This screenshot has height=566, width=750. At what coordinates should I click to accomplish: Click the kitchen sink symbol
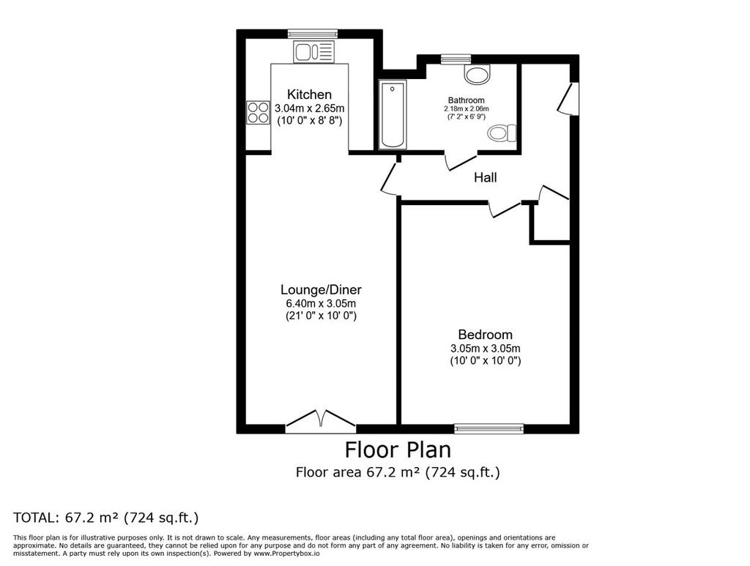(313, 52)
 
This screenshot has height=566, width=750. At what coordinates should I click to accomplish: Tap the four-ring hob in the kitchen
(258, 113)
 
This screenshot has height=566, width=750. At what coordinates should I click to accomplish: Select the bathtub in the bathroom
(393, 115)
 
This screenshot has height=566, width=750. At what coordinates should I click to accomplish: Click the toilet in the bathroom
(502, 133)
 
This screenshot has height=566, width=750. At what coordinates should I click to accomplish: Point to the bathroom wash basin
(478, 74)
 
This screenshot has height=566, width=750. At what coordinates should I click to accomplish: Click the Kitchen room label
(309, 94)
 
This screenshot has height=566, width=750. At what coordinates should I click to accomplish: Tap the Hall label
(485, 178)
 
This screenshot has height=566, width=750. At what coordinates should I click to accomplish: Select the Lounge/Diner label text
(321, 290)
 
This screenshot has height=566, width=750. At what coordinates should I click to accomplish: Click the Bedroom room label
(485, 335)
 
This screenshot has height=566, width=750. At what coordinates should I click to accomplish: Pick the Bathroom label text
(466, 100)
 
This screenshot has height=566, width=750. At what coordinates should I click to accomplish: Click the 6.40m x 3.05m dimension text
(321, 304)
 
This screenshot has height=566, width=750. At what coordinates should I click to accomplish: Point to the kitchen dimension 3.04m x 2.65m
(310, 108)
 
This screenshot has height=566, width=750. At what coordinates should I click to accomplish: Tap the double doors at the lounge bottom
(321, 422)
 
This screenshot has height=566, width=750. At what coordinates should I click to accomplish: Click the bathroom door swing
(461, 161)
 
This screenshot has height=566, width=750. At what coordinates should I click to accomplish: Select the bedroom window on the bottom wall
(489, 428)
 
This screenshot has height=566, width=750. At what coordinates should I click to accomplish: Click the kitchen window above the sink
(313, 34)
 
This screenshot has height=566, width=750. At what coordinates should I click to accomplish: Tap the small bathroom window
(456, 59)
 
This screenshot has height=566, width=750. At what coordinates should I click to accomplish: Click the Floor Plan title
(398, 450)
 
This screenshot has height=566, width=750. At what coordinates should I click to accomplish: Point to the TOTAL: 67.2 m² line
(105, 518)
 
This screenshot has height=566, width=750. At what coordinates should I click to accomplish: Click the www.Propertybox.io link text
(286, 554)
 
